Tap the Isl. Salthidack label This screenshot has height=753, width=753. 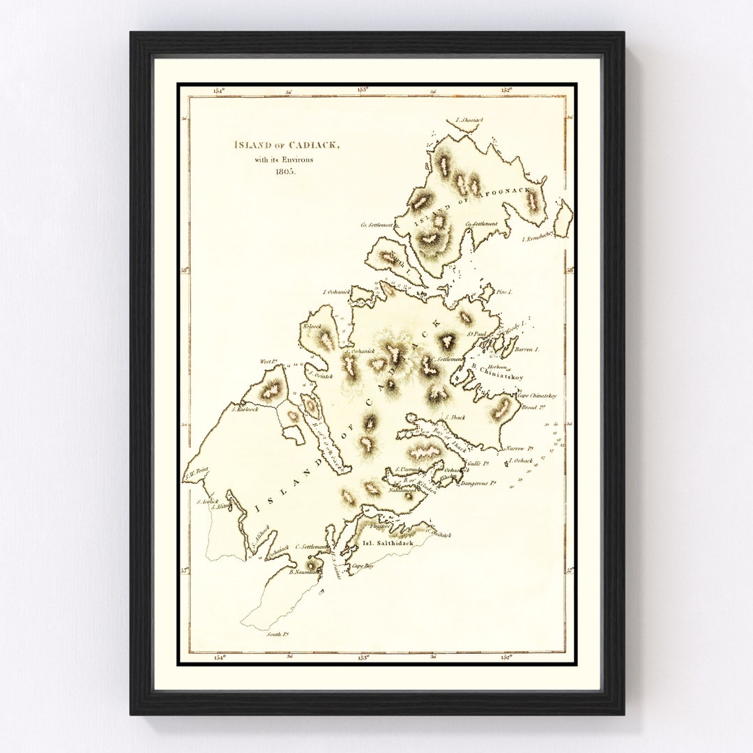click(x=387, y=542)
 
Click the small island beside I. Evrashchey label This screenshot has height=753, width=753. click(x=564, y=218)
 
